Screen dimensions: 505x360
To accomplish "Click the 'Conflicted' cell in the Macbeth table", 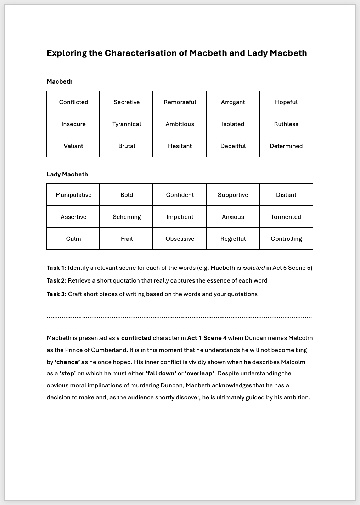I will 73,102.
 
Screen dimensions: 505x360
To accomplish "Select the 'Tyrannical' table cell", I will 126,124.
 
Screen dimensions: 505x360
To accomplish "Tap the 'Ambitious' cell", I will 180,124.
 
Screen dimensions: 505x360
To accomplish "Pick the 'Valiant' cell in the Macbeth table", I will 73,146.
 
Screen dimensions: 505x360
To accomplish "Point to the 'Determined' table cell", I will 286,146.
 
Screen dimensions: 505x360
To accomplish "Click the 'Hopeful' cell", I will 286,102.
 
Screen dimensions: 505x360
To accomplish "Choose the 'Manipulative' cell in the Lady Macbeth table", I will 73,195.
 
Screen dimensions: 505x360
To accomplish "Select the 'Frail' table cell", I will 126,239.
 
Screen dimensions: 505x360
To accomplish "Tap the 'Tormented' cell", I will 286,217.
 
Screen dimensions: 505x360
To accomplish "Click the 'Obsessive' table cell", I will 180,239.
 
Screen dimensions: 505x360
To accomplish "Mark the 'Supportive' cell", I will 233,195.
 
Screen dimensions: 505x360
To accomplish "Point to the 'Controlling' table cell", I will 286,239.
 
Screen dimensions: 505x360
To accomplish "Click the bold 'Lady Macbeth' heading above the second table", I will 67,174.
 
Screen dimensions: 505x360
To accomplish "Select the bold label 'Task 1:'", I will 56,268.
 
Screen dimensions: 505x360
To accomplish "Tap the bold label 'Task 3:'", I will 56,294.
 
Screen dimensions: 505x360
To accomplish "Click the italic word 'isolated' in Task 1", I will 253,268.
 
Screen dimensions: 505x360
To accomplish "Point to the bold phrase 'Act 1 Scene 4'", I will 207,338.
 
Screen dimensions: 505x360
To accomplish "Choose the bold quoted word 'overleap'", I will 199,373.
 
